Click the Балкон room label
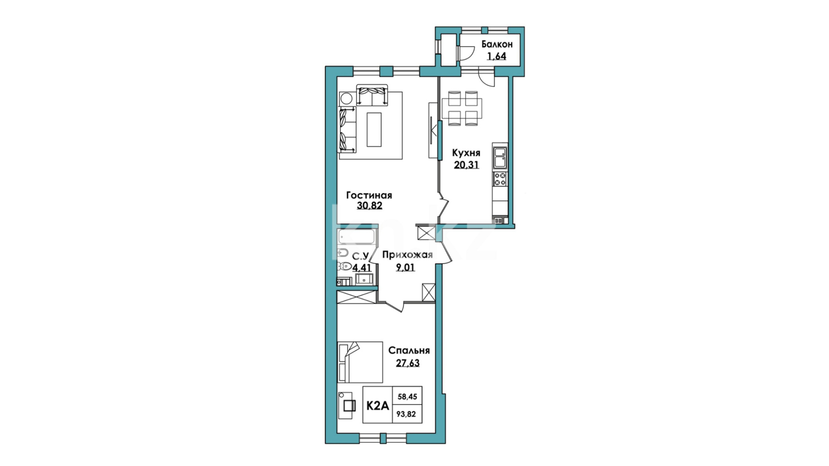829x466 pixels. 497,44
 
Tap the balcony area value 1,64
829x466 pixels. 497,56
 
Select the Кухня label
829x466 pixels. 466,153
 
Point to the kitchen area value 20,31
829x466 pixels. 466,164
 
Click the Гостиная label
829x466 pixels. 369,195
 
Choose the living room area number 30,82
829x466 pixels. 369,206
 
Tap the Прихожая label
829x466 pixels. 407,255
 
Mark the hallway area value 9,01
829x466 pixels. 405,268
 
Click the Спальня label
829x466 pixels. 409,351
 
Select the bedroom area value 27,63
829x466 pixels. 408,363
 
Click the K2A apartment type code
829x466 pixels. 378,406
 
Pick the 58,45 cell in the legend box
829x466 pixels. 407,396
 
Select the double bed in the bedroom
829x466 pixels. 360,362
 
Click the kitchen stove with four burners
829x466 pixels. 500,179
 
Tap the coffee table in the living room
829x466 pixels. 374,129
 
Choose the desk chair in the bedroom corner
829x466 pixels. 349,405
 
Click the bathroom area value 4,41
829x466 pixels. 362,268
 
